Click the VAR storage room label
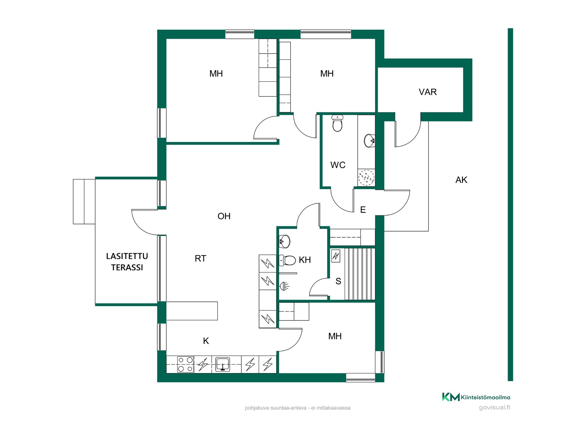click(428, 92)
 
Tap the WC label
click(338, 165)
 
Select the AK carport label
click(461, 180)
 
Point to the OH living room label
click(224, 216)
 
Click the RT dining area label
click(201, 259)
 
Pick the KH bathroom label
click(305, 260)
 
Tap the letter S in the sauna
click(338, 281)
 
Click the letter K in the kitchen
click(206, 341)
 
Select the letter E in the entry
click(363, 210)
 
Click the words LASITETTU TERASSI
click(127, 262)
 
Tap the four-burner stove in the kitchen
click(186, 364)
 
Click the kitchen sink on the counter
click(222, 364)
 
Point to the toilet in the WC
click(337, 123)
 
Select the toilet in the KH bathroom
click(288, 260)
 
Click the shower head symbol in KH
click(284, 286)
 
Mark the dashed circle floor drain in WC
click(366, 177)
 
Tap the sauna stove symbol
click(336, 256)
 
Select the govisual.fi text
click(494, 408)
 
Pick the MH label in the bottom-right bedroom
click(335, 336)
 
